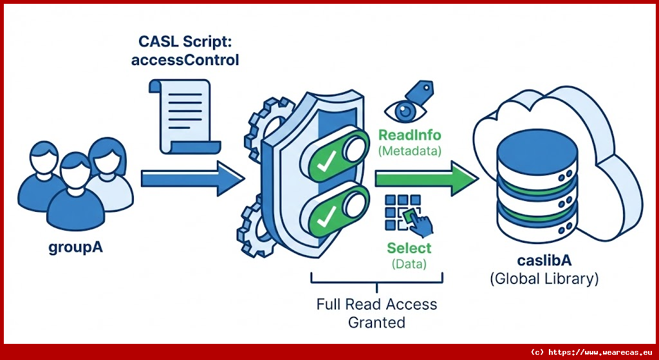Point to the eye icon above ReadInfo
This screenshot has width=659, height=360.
404,111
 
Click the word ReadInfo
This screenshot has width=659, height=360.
409,136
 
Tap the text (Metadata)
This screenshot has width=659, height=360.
409,151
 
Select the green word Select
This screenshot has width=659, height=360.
409,248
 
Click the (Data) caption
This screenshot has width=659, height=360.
409,263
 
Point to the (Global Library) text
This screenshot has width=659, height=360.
544,279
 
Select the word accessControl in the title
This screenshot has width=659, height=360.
185,60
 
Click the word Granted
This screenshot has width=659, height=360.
376,321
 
